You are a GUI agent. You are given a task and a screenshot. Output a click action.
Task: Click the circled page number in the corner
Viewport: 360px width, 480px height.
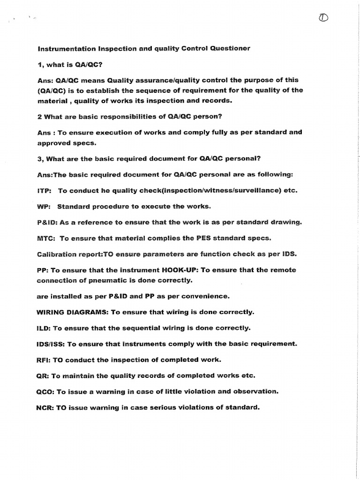point(323,18)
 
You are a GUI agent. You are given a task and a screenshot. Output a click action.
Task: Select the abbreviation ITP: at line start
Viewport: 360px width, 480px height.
point(45,191)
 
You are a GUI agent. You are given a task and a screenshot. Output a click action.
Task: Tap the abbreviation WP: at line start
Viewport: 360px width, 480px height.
point(44,206)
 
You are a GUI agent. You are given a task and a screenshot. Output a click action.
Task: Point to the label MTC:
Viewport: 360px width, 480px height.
point(46,238)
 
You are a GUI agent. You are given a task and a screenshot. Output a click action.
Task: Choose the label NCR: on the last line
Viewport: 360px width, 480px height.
point(45,407)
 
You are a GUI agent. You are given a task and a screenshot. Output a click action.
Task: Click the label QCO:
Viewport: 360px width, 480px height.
point(45,391)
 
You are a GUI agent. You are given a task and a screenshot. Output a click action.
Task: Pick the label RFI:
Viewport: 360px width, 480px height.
point(44,360)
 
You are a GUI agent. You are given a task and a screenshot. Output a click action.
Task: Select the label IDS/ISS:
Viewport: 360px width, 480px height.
point(51,344)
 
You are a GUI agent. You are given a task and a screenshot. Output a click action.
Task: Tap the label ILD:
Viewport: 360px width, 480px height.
point(44,328)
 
